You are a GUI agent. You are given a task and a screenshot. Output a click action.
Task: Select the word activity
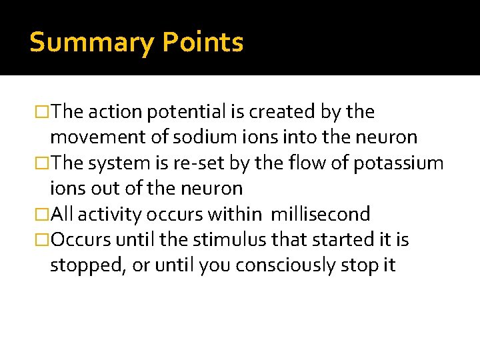click(114, 214)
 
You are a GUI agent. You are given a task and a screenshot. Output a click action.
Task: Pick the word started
click(337, 239)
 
